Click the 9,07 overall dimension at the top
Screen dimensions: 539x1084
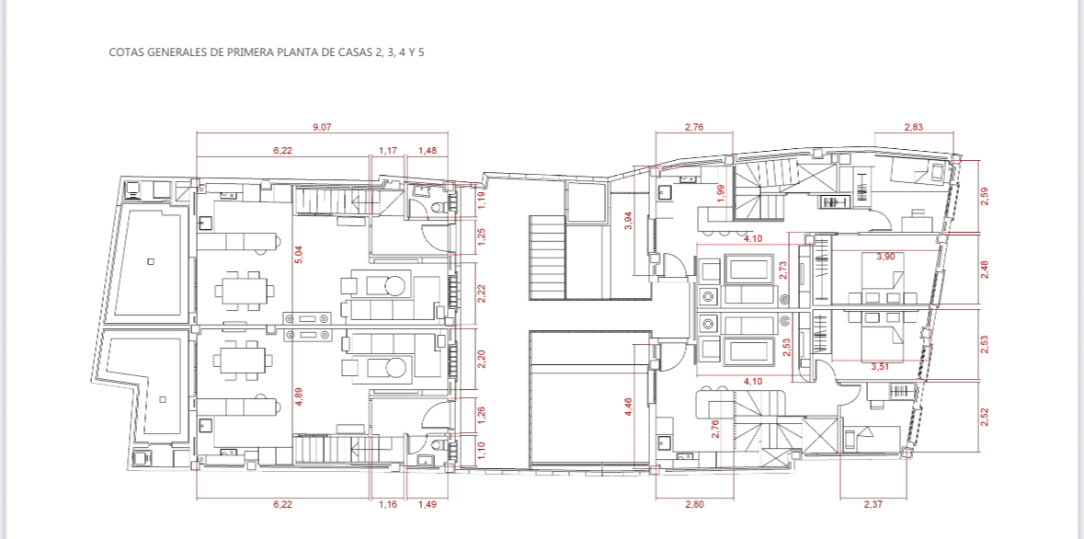click(322, 127)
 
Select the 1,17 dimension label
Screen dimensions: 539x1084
click(387, 150)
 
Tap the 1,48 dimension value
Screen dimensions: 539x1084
click(428, 150)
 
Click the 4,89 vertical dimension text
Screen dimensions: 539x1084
click(298, 396)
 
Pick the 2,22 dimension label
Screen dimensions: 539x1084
click(481, 293)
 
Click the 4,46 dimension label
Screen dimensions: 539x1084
click(629, 406)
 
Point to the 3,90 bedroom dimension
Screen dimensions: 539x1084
click(884, 257)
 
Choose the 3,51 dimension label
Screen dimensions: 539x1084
click(881, 366)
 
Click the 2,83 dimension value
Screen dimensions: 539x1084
click(913, 127)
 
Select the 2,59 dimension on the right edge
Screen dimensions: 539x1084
click(985, 196)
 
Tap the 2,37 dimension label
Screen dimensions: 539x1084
click(873, 504)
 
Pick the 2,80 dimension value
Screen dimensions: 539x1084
click(694, 504)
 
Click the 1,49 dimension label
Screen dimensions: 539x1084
click(428, 504)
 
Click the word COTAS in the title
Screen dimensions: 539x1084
click(127, 52)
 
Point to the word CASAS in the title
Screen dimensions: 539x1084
click(350, 52)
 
